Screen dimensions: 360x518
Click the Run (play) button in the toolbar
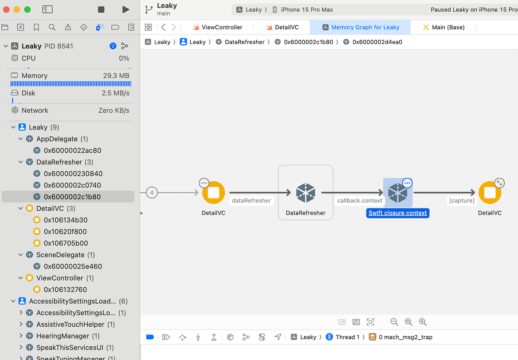(126, 9)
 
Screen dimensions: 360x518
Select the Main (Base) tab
(449, 27)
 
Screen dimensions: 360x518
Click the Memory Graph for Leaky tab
(365, 27)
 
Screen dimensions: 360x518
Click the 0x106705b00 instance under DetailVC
(66, 243)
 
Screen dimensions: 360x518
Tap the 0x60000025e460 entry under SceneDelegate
(73, 266)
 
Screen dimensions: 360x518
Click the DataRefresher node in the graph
(306, 193)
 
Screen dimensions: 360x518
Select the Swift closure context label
(398, 213)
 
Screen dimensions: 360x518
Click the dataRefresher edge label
(252, 200)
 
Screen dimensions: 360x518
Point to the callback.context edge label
(360, 200)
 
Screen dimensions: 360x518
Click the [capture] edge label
(461, 200)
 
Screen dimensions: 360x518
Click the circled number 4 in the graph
(152, 193)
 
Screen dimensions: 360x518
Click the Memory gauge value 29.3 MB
(116, 76)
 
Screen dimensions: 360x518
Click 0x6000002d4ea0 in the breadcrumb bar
(377, 42)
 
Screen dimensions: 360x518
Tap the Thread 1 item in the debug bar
(347, 337)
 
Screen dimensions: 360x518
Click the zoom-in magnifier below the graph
(423, 322)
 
